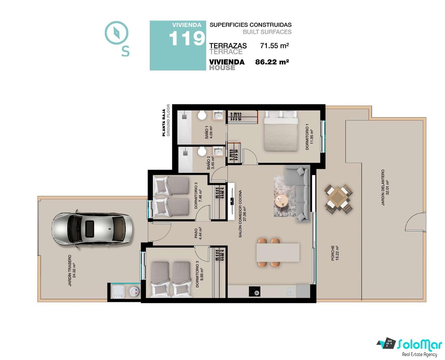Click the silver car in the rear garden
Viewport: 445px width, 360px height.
tap(92, 229)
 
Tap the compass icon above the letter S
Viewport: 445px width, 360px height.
tap(116, 33)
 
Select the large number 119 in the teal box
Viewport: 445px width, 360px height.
tap(187, 38)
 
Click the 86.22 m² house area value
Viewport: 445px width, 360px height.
tap(272, 62)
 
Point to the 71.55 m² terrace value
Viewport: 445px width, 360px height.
tap(275, 46)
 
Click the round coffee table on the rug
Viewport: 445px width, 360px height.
tap(281, 201)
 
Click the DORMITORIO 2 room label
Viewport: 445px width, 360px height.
tap(198, 196)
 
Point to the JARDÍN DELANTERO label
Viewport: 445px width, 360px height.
tap(385, 187)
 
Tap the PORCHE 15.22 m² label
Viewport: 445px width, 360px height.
tap(335, 253)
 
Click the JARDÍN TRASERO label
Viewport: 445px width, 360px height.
tap(72, 270)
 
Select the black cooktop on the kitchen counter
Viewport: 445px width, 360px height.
tap(254, 291)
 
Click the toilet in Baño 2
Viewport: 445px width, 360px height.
tap(202, 151)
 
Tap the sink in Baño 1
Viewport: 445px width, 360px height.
tap(218, 115)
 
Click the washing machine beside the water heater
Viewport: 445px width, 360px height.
tap(119, 292)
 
